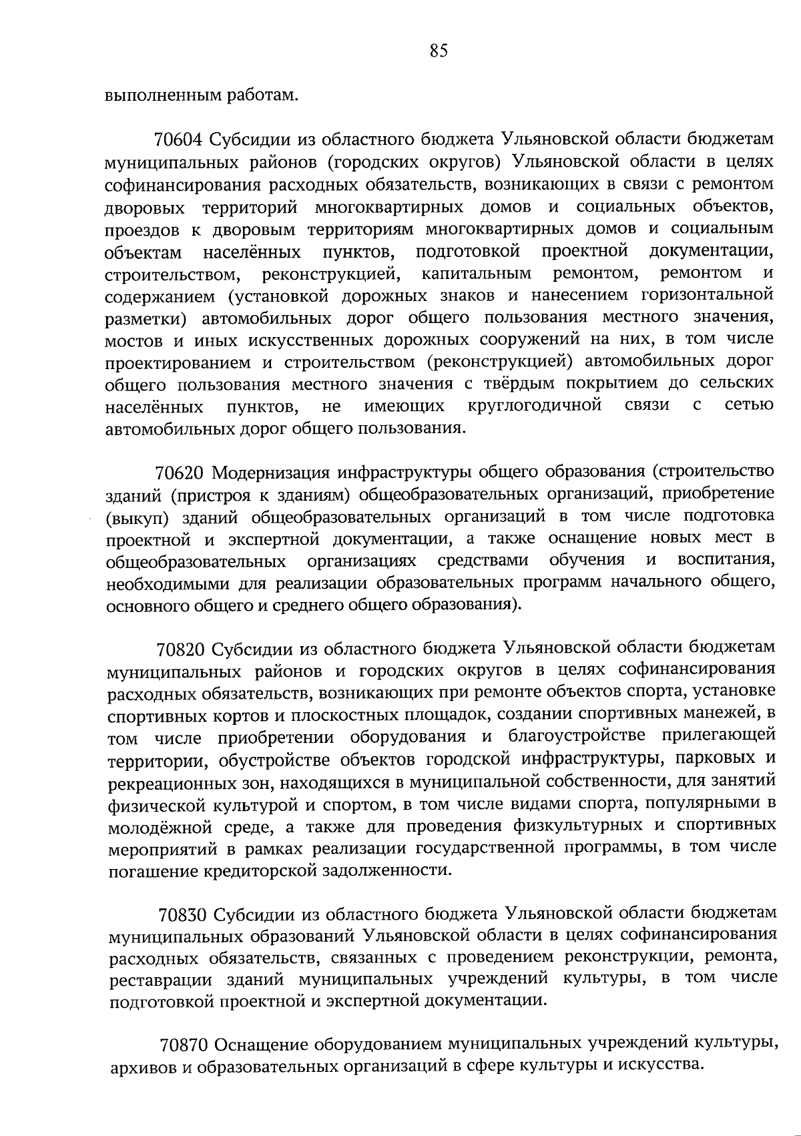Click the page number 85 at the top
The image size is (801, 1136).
(x=439, y=51)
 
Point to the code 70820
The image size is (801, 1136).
(x=182, y=649)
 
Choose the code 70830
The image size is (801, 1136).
(x=184, y=913)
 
